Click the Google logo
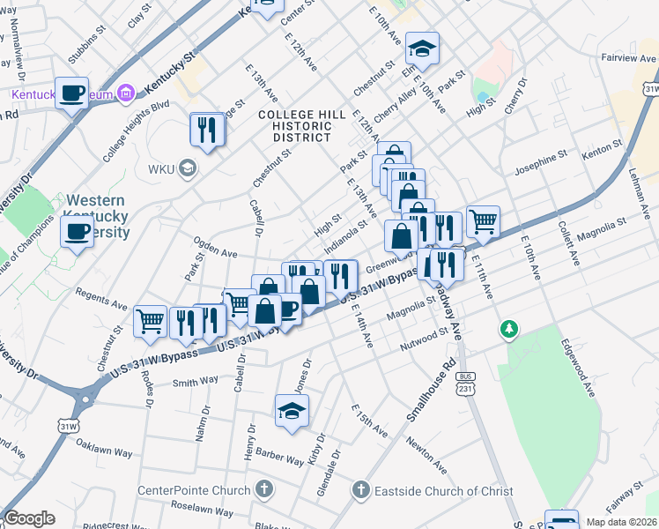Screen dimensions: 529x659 click(x=29, y=518)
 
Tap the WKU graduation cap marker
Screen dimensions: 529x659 click(x=187, y=168)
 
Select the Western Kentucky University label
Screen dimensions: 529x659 click(x=95, y=217)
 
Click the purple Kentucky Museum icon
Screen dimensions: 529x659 click(x=125, y=93)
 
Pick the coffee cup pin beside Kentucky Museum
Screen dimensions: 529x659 click(x=72, y=93)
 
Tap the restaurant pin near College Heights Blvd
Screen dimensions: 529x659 click(x=207, y=130)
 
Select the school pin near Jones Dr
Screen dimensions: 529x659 click(x=292, y=411)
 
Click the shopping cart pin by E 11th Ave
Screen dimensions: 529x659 click(x=483, y=221)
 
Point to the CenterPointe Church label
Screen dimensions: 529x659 click(x=196, y=489)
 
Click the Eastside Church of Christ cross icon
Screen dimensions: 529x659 click(x=359, y=489)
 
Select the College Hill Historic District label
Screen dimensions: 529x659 click(x=295, y=126)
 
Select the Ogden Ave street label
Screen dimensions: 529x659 click(x=217, y=253)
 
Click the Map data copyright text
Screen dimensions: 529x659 click(x=621, y=522)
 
